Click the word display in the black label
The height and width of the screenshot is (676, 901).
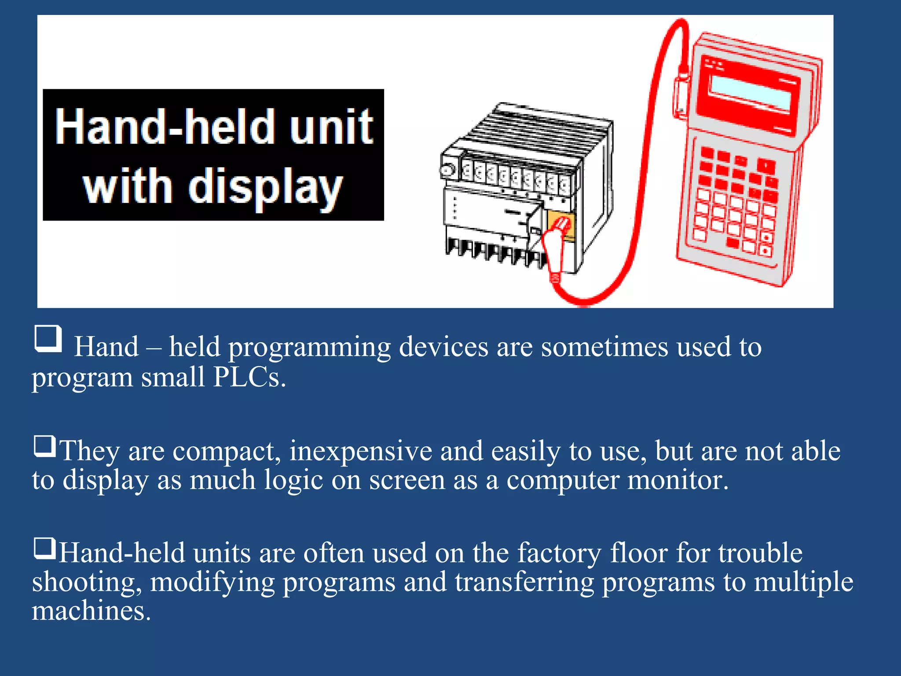(266, 188)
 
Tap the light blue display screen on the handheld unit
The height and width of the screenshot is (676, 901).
(751, 93)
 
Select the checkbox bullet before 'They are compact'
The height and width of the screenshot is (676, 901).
(44, 446)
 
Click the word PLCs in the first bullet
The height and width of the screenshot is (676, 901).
(249, 377)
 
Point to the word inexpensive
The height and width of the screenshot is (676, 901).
(361, 452)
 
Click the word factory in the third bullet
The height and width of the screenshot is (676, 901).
(559, 554)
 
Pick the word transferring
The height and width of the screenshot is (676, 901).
(524, 582)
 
